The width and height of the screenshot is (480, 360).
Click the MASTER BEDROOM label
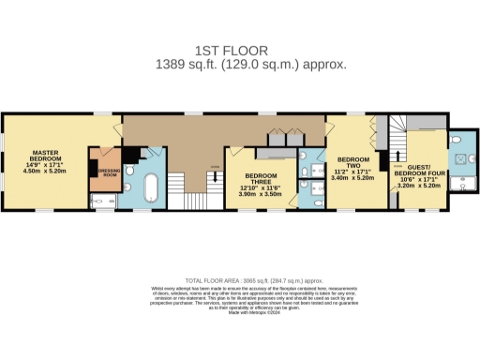coord(47,156)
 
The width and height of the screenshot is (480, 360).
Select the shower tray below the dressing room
coord(101,200)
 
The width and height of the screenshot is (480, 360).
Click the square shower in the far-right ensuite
coord(461,158)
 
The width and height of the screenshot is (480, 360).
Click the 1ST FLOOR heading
coord(239,50)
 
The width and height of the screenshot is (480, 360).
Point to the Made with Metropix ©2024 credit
coord(239,325)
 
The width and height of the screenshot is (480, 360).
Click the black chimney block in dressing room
coord(94,167)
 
